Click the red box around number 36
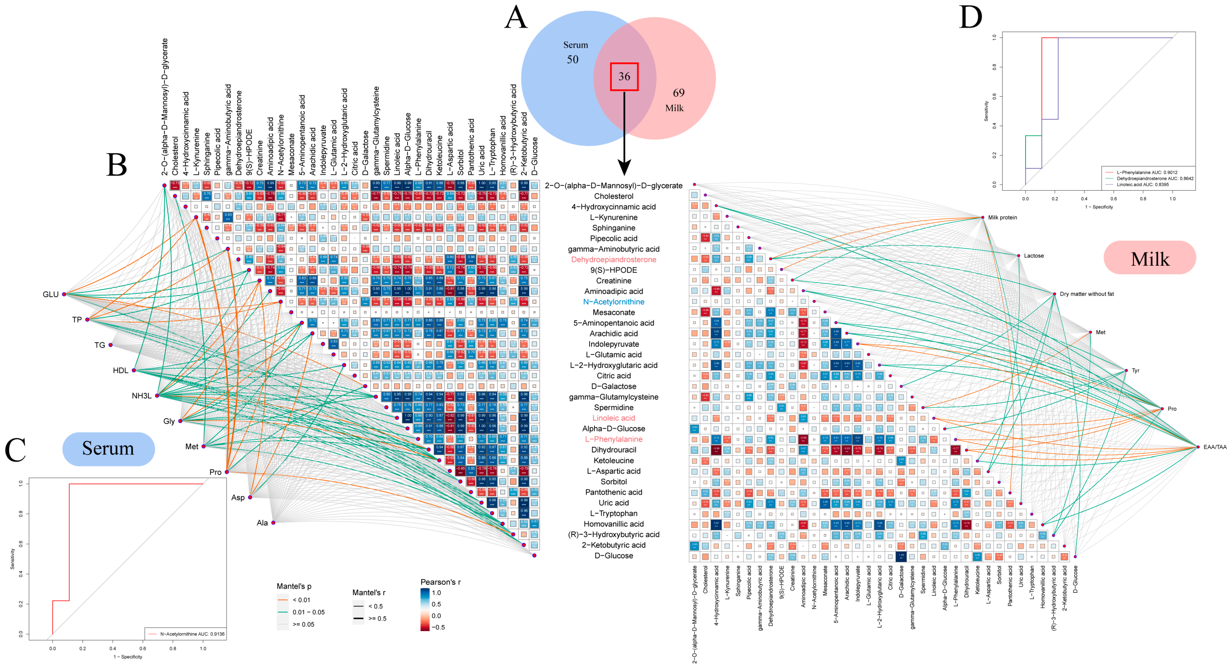coord(624,76)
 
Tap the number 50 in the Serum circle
coord(573,60)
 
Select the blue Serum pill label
coord(108,448)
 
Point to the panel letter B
coord(116,164)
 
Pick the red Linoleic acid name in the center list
coord(613,418)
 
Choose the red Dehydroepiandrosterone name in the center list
coord(613,260)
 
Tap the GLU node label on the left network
coord(51,294)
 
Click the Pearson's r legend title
coord(440,582)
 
